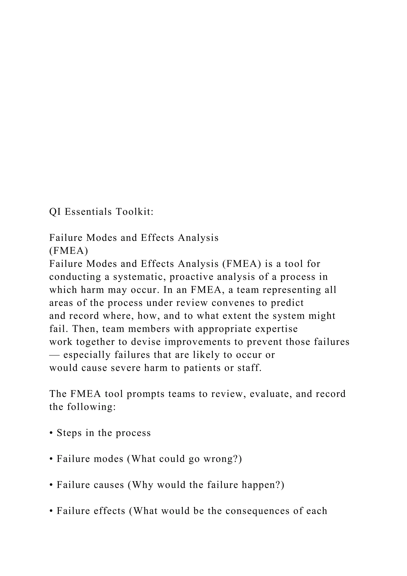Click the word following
[91, 407]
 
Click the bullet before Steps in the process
[51, 433]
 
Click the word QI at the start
[55, 212]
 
